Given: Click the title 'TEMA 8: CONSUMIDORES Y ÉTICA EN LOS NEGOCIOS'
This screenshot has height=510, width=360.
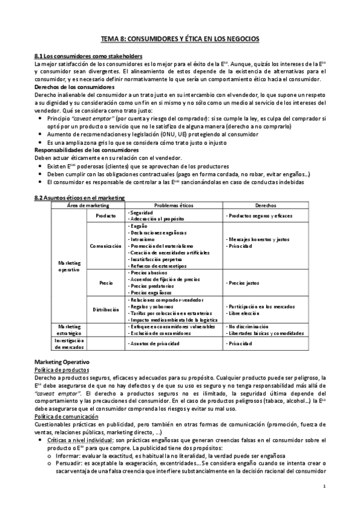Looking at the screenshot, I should click(180, 38).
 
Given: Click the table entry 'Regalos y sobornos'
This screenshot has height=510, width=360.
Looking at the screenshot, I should click(151, 306).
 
